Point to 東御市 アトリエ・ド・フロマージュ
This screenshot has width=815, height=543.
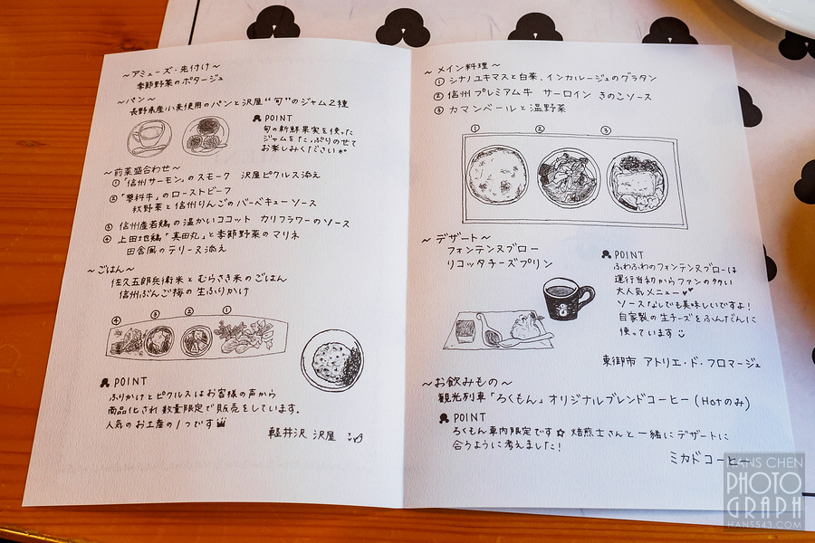pyautogui.click(x=680, y=361)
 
